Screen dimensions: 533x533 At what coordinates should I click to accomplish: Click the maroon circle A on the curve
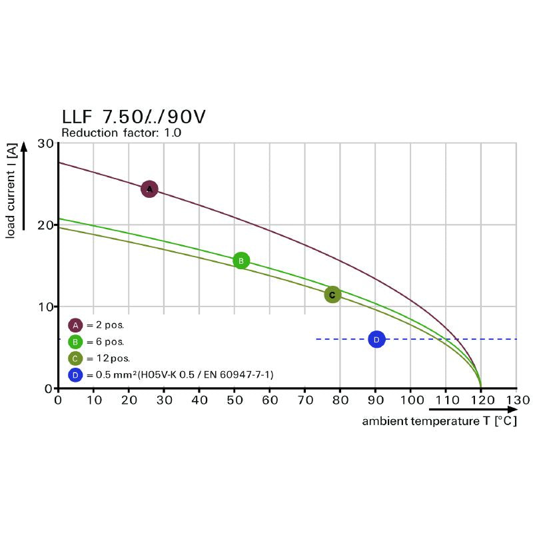click(x=149, y=189)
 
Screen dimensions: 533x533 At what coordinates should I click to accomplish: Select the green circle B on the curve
click(x=241, y=261)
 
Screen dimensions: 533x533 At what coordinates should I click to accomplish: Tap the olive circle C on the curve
click(x=332, y=294)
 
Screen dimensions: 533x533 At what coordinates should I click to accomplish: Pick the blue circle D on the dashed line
click(x=376, y=340)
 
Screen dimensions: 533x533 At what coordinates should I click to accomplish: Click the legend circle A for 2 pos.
click(x=75, y=325)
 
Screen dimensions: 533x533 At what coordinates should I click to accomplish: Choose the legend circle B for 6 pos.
click(x=75, y=342)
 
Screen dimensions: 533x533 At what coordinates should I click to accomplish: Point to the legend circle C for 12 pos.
click(x=75, y=358)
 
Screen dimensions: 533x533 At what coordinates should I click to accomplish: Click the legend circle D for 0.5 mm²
click(x=75, y=375)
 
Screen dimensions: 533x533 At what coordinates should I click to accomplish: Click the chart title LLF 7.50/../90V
click(x=133, y=117)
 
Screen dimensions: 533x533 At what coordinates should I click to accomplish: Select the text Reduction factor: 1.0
click(x=121, y=133)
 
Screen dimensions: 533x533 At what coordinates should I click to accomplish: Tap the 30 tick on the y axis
click(x=45, y=143)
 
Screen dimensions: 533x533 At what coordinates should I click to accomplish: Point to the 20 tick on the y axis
click(x=45, y=225)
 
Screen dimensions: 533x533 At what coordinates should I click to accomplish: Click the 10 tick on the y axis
click(x=45, y=306)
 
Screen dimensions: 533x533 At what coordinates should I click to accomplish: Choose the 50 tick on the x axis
click(x=235, y=400)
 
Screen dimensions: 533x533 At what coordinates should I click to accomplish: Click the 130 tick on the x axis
click(x=516, y=400)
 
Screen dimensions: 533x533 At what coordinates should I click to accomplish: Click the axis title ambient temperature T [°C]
click(x=439, y=421)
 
